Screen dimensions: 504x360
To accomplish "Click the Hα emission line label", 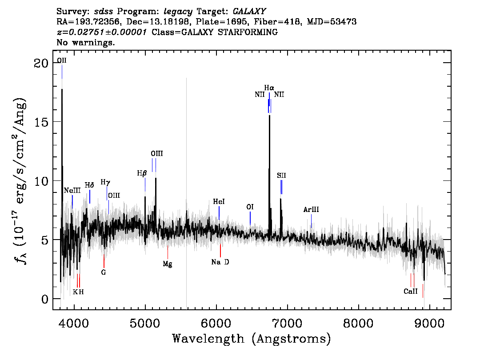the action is [269, 88].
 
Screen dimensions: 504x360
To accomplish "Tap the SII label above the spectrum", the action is [281, 175].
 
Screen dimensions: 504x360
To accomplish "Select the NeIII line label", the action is [72, 190].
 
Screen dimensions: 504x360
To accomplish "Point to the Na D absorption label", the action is [220, 262].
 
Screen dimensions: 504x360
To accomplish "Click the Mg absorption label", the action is [168, 264].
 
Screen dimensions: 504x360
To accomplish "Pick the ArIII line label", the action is [311, 210].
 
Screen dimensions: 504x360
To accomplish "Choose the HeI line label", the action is [219, 201].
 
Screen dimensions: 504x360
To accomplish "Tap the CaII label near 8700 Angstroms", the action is [411, 291].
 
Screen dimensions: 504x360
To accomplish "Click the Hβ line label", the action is [142, 174].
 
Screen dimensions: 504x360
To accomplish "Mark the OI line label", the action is [250, 207].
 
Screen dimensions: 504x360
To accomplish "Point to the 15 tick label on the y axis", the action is [41, 122].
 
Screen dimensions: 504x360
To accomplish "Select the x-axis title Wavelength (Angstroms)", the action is [252, 339].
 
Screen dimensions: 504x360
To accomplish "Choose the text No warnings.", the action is [85, 42].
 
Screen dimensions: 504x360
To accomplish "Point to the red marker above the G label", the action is [104, 261].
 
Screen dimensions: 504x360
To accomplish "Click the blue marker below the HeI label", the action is [219, 213].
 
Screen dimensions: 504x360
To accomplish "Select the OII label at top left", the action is [62, 60].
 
